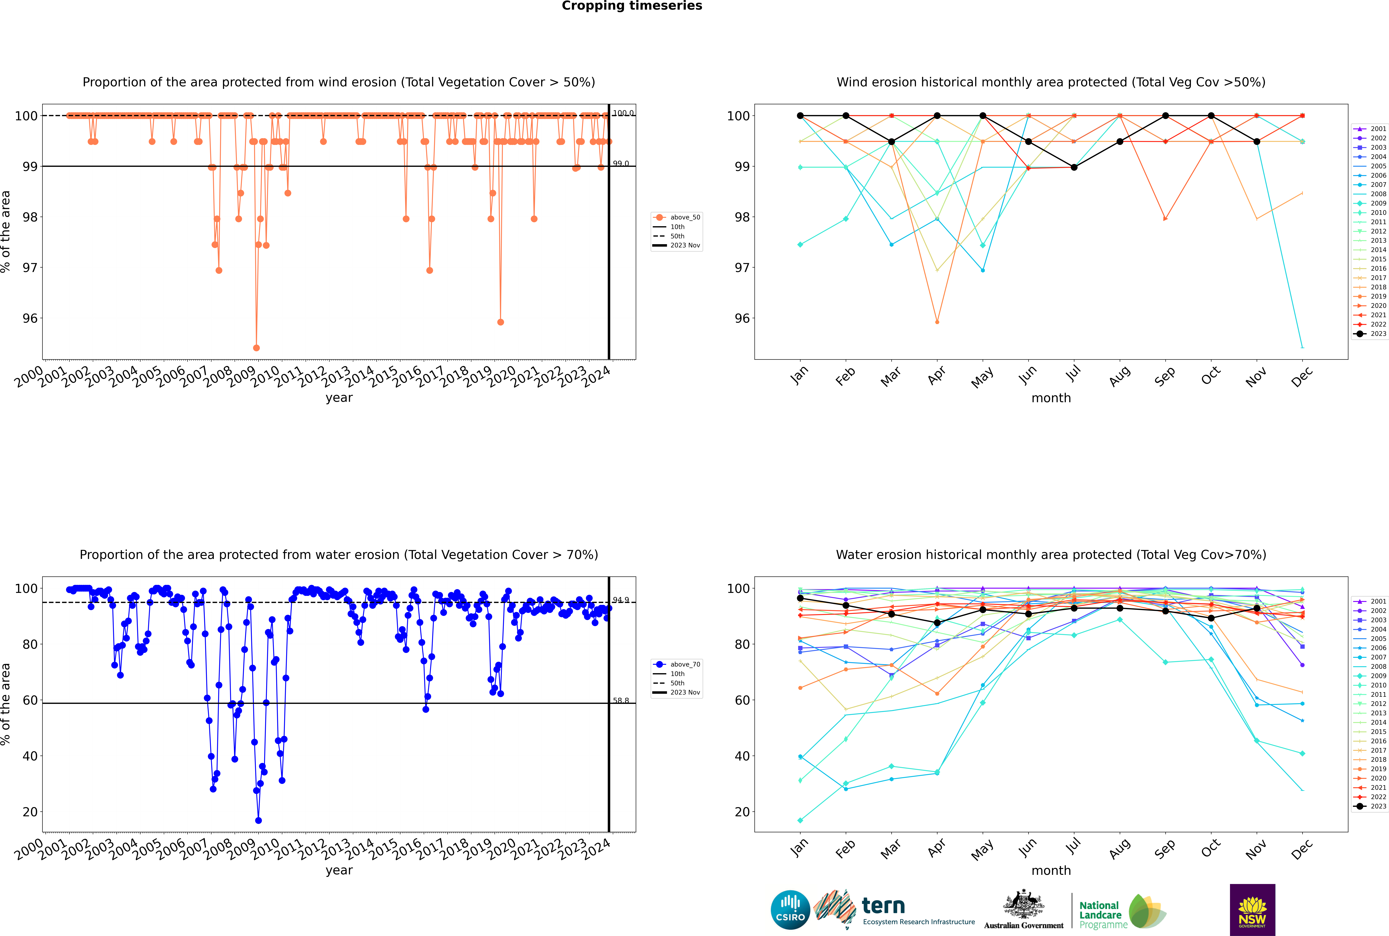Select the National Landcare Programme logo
point(1122,912)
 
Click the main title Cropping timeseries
point(632,6)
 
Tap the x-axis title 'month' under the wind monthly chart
point(1051,398)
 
